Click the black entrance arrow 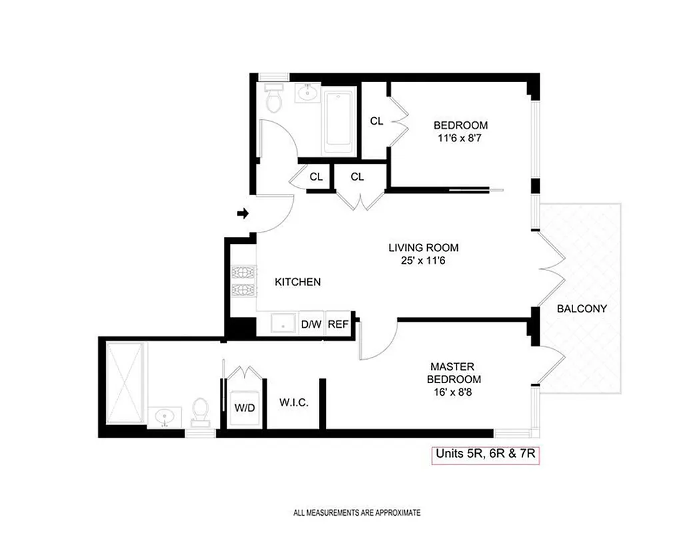(x=243, y=214)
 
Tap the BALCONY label (x=582, y=308)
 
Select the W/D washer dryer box (x=245, y=406)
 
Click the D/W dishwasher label (x=311, y=324)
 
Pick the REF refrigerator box (x=339, y=324)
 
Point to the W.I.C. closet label (x=293, y=404)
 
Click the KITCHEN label (x=298, y=282)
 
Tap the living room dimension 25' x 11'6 (x=423, y=261)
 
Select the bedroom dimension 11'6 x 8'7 (x=460, y=138)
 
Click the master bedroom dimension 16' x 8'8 (x=452, y=392)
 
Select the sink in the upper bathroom (x=307, y=92)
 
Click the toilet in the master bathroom (x=199, y=412)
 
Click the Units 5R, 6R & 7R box (x=484, y=454)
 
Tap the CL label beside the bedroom (x=376, y=121)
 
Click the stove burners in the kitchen (x=240, y=282)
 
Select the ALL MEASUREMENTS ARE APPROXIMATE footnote (x=357, y=513)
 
